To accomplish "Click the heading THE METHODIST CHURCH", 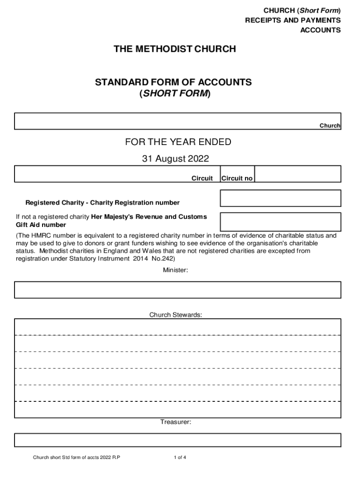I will (x=175, y=49).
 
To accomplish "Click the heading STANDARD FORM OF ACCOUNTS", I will (x=173, y=82).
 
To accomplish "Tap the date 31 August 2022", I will (x=175, y=159).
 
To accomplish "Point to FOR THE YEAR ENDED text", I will (x=175, y=142).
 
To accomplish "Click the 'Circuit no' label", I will (x=237, y=178).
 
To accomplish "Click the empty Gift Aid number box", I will (x=281, y=222).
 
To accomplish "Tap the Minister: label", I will (x=175, y=270).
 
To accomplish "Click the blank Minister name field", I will (x=178, y=290).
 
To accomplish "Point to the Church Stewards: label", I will (x=176, y=315).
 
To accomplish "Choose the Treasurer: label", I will (x=176, y=422).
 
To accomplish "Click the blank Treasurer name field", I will (x=178, y=440).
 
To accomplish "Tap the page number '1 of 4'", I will (x=180, y=457).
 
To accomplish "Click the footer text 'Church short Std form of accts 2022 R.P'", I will (x=76, y=457).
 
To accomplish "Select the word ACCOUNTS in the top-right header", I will (x=320, y=30).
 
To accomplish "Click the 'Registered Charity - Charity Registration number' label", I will (x=102, y=203).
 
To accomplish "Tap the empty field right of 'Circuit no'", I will (x=298, y=174).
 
